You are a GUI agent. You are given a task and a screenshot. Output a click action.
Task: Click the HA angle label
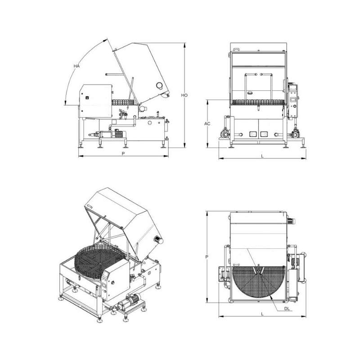[76, 66]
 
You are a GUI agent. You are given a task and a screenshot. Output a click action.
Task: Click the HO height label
[184, 95]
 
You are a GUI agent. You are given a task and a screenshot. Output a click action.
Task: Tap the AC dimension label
[207, 124]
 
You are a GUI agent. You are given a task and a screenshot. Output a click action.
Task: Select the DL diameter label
[287, 309]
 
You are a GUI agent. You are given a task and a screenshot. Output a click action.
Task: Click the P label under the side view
[123, 153]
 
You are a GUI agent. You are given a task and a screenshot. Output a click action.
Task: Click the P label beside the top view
[207, 256]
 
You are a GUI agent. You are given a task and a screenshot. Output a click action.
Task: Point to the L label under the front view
[262, 156]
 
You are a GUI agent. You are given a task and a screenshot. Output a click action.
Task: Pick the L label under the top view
[262, 314]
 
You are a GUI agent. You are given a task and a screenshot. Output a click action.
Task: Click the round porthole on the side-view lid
[159, 85]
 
